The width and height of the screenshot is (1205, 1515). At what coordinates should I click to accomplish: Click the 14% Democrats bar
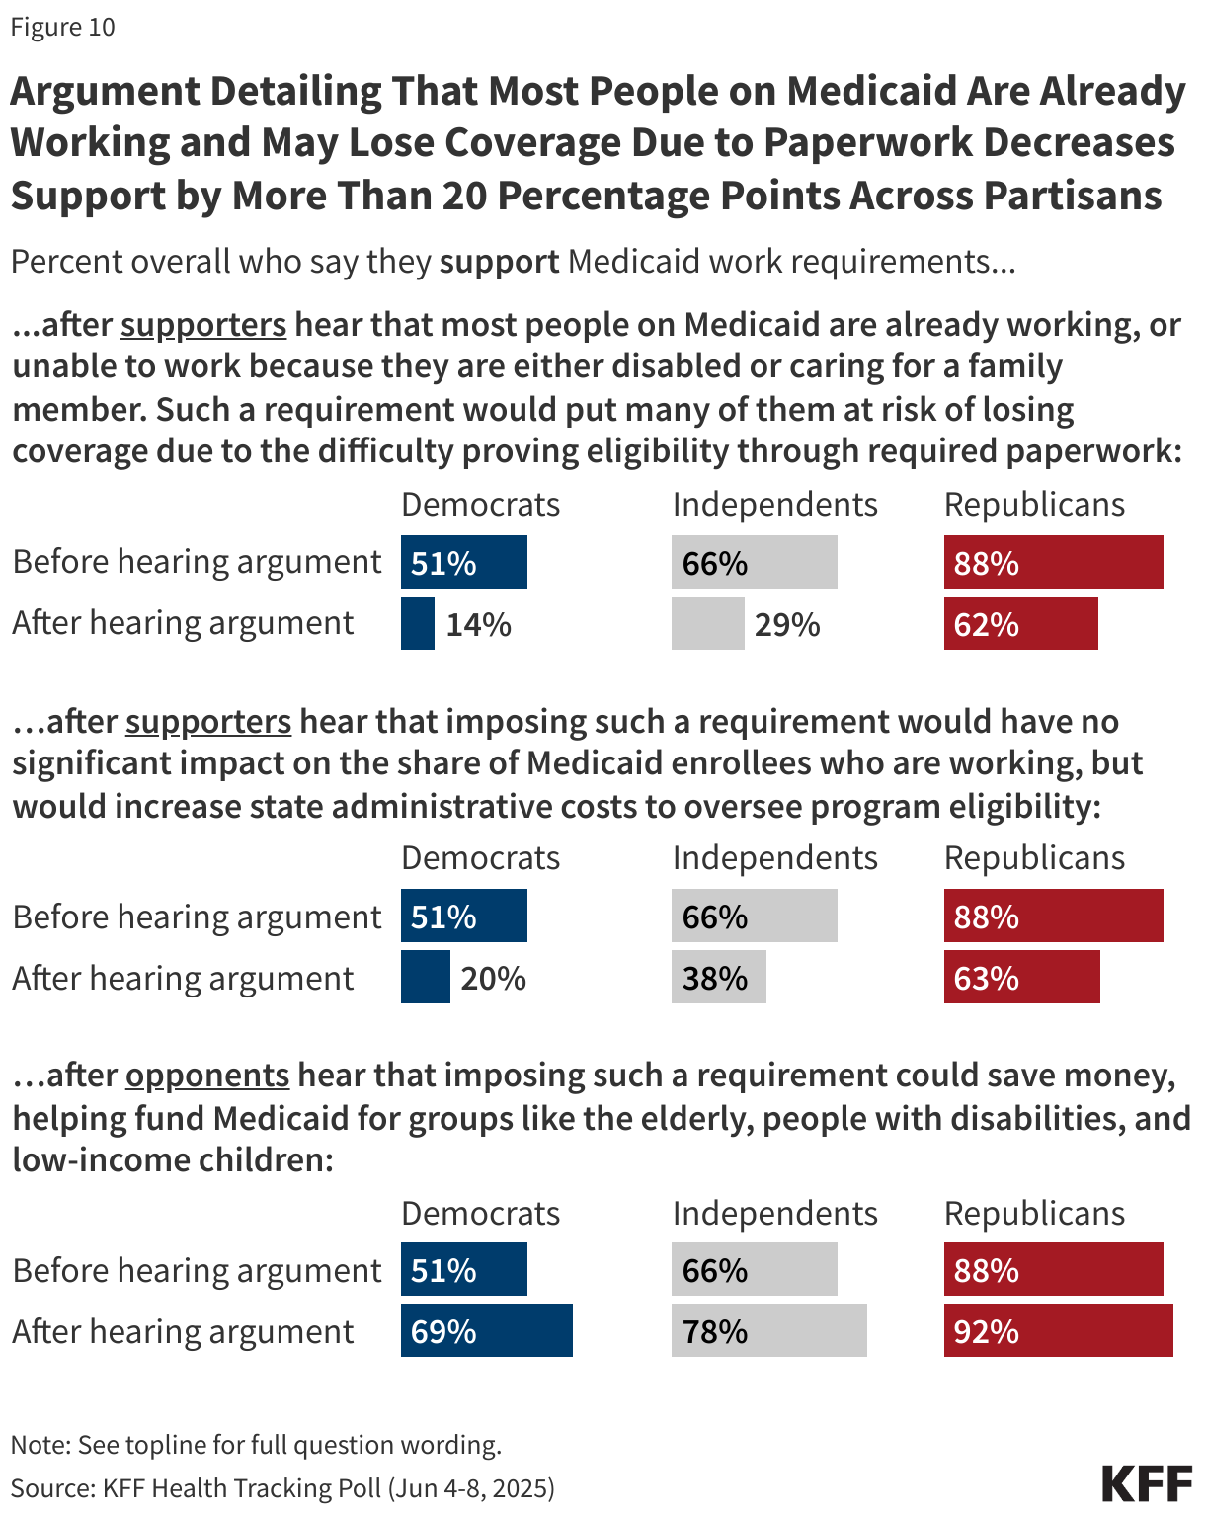(x=418, y=623)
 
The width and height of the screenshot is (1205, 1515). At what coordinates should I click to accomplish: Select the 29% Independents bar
(x=707, y=623)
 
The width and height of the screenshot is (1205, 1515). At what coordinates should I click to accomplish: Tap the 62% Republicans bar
(x=1020, y=623)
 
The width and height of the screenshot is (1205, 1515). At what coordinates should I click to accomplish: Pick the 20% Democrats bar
(x=425, y=977)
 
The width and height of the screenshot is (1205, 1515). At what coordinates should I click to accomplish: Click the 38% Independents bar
(x=718, y=977)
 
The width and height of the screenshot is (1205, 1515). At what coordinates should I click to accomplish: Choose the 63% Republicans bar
(x=1021, y=977)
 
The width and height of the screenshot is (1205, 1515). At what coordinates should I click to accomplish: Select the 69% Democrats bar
(x=486, y=1330)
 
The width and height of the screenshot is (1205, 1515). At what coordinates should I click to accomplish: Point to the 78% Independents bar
(x=768, y=1330)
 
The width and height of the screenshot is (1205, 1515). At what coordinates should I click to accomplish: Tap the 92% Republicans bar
(x=1058, y=1330)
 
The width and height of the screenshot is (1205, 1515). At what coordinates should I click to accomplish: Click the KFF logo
(x=1146, y=1484)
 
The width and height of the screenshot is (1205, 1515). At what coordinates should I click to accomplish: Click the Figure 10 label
(x=63, y=27)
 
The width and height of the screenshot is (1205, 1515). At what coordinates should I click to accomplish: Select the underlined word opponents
(x=207, y=1075)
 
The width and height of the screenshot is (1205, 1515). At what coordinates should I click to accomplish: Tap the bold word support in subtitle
(x=499, y=262)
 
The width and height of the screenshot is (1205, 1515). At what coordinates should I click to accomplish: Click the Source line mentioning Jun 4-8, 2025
(x=282, y=1488)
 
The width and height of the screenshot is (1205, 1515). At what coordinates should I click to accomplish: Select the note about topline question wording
(x=256, y=1445)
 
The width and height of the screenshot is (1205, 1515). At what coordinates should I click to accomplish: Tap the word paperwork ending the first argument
(x=1091, y=451)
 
